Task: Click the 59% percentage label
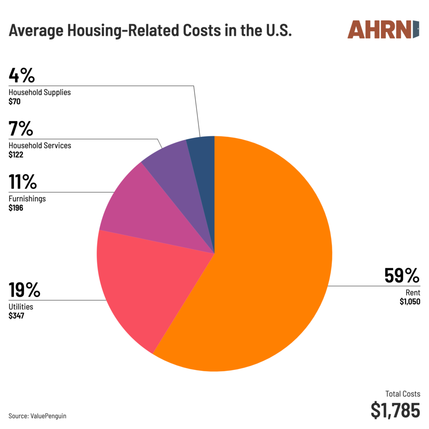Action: pyautogui.click(x=402, y=276)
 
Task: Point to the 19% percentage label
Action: pyautogui.click(x=25, y=290)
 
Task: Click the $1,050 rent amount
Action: pyautogui.click(x=409, y=302)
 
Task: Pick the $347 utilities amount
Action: pyautogui.click(x=16, y=316)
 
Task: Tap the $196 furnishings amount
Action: pyautogui.click(x=16, y=207)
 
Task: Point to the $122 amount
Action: pyautogui.click(x=16, y=155)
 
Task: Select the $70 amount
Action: pyautogui.click(x=14, y=101)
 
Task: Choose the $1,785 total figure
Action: pyautogui.click(x=395, y=410)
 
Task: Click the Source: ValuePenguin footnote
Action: pyautogui.click(x=37, y=416)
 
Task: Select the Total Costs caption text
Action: pyautogui.click(x=403, y=394)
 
